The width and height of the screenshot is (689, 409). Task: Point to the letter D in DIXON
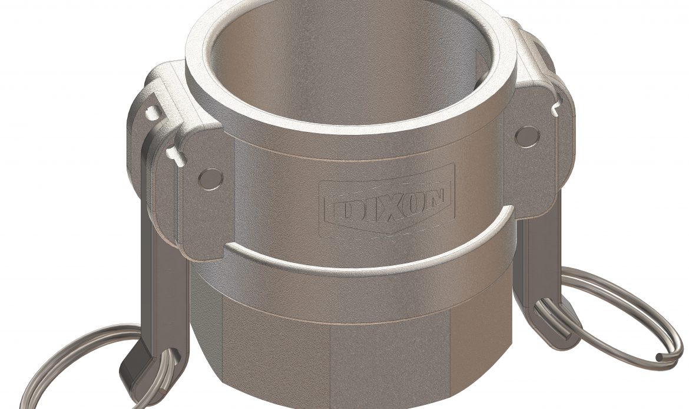click(342, 205)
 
